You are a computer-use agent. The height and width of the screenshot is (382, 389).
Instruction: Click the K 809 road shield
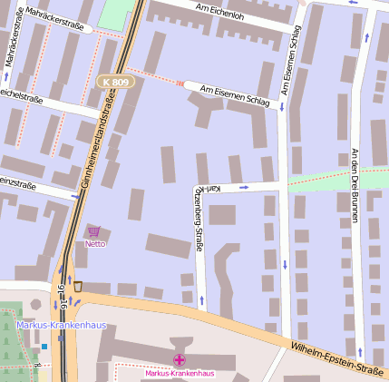(x=116, y=82)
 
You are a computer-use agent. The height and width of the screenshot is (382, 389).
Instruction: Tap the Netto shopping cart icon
(x=94, y=232)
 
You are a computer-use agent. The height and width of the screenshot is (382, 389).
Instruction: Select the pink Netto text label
(x=94, y=243)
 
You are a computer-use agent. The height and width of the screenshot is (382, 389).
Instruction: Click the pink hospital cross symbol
(x=180, y=360)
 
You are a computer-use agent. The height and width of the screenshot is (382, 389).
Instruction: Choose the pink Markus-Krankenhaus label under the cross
(x=180, y=373)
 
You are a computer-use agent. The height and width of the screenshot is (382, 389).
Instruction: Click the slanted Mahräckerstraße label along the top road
(x=55, y=19)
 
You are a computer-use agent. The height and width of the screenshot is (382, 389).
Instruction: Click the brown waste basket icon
(x=78, y=286)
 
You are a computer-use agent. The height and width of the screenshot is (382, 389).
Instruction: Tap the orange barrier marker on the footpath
(x=180, y=84)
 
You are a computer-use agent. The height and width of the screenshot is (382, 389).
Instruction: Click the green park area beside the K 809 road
(x=114, y=14)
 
